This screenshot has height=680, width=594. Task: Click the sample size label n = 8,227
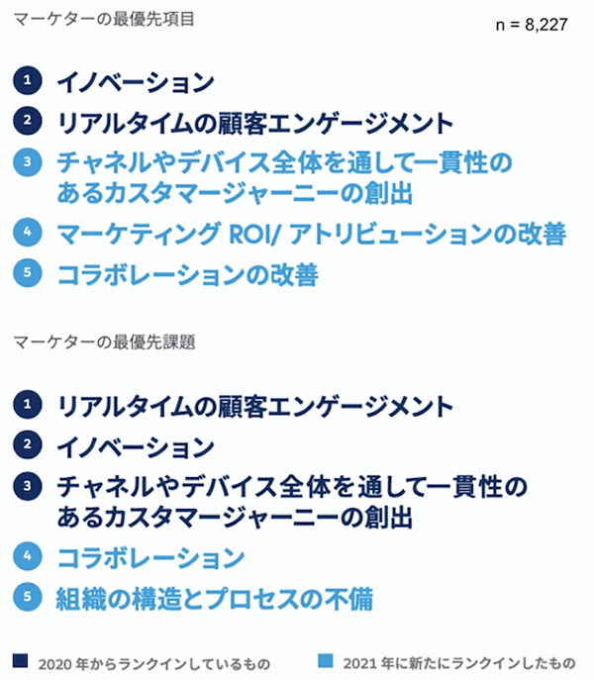(532, 25)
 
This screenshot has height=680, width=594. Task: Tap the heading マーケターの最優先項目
(104, 20)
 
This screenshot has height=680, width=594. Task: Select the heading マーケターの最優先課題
(104, 342)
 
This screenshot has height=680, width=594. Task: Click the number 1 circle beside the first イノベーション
(28, 80)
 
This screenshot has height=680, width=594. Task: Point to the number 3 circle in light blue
(28, 162)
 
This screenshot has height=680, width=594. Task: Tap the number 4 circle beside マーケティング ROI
(28, 232)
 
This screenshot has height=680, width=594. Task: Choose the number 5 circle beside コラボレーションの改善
(28, 273)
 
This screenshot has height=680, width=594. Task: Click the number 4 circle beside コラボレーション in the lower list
(28, 556)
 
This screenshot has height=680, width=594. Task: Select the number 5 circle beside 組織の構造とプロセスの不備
(28, 597)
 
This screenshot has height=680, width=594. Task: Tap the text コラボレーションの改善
(188, 275)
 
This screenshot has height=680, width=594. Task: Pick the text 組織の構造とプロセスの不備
(215, 599)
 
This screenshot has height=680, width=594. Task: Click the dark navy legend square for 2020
(21, 661)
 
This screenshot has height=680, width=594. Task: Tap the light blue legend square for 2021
(326, 661)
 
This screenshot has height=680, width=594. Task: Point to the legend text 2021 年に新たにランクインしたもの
(459, 663)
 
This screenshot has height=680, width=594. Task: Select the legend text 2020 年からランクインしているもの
(154, 663)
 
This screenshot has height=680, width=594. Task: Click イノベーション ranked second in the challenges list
(136, 447)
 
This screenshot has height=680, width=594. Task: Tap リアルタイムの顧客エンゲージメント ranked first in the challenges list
(255, 407)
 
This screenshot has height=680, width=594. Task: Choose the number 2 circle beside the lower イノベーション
(28, 444)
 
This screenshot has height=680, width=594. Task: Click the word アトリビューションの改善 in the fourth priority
(428, 234)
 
